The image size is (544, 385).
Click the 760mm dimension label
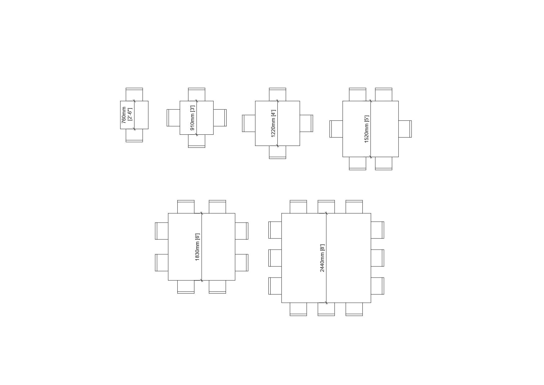[124, 115]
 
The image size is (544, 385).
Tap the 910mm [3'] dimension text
[192, 118]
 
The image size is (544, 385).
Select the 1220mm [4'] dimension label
[273, 123]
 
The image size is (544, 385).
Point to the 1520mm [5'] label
[366, 129]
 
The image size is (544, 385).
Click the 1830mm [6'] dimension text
[197, 247]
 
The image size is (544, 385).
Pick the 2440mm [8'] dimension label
[322, 258]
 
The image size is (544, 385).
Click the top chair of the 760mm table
[134, 94]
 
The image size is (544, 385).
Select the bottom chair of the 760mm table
[134, 135]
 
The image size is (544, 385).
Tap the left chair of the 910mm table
[173, 118]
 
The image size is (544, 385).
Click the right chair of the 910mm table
[220, 118]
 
